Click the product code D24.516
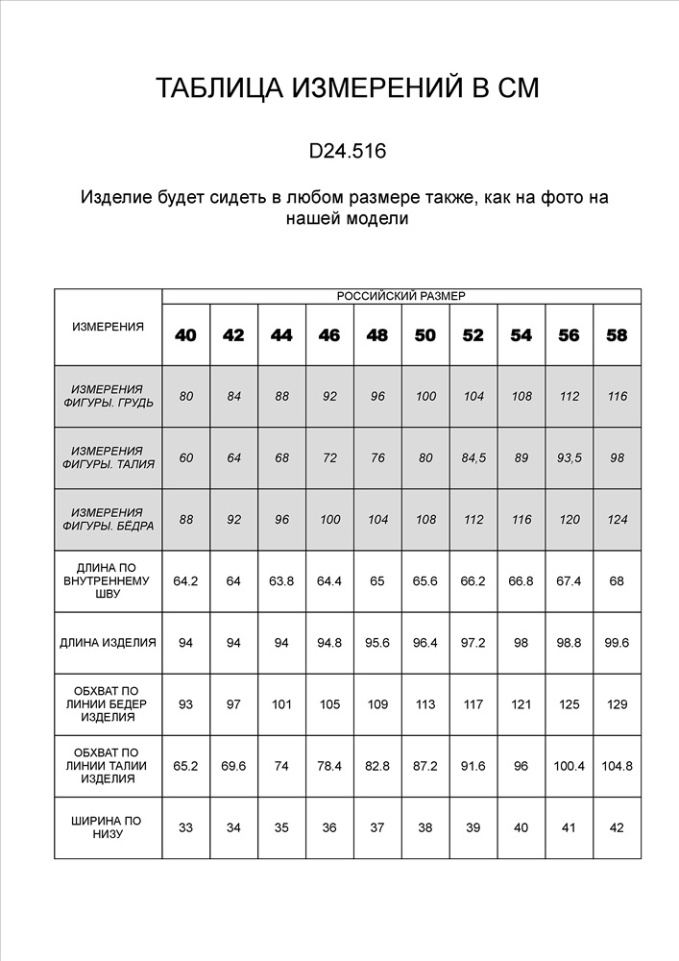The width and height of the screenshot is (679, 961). (x=347, y=151)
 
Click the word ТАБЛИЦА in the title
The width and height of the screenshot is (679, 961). (x=212, y=89)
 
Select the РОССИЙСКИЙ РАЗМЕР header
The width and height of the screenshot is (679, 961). (x=400, y=296)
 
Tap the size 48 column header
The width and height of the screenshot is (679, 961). (x=377, y=335)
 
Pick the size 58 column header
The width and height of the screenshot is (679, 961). (x=617, y=335)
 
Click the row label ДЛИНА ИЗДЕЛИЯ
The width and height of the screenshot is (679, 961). (x=108, y=642)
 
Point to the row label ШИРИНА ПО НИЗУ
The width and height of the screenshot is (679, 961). (x=108, y=827)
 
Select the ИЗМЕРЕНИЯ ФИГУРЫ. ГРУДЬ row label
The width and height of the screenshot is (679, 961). (x=108, y=396)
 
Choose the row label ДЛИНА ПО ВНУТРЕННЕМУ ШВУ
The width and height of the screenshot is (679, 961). (x=108, y=580)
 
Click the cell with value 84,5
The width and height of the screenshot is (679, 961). (x=473, y=457)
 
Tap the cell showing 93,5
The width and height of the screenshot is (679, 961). (x=569, y=457)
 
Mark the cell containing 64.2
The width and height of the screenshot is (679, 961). (x=185, y=580)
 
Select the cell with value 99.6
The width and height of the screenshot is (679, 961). (x=617, y=642)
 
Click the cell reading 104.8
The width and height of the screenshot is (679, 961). (x=617, y=766)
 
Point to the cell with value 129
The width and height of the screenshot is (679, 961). (x=617, y=704)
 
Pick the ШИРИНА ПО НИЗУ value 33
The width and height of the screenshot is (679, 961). (x=185, y=827)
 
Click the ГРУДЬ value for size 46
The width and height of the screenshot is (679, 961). (x=329, y=396)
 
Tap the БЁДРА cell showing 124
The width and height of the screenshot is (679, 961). (x=617, y=519)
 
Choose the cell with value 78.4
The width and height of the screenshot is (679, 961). (x=329, y=766)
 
